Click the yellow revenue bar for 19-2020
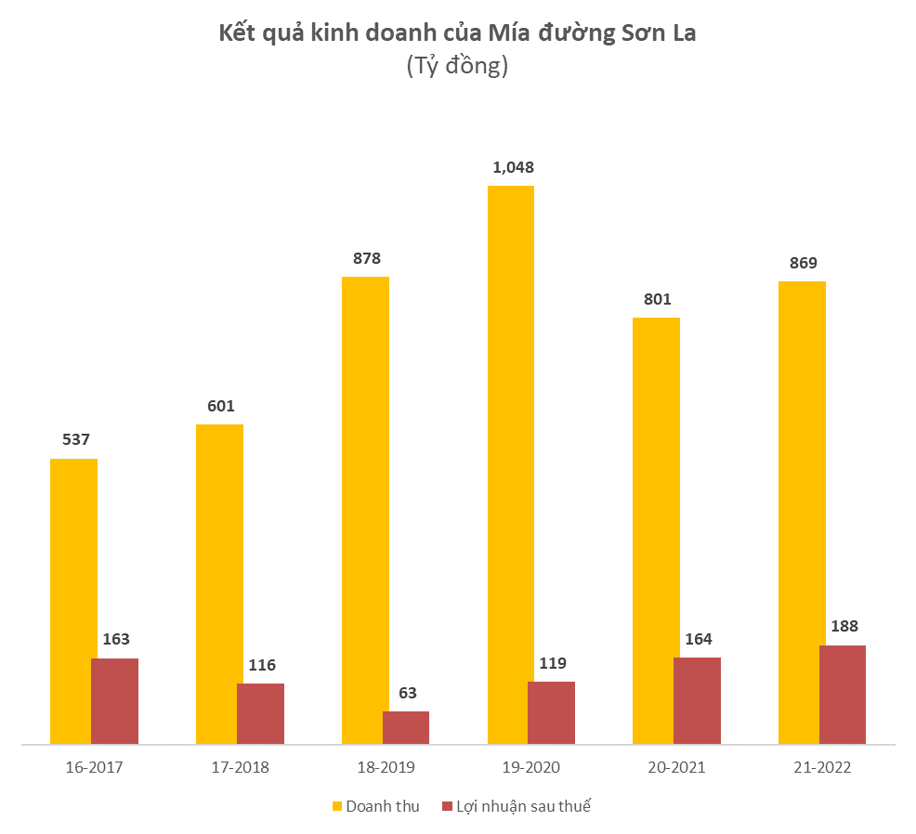(x=511, y=446)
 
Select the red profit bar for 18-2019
(x=406, y=727)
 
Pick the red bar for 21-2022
(x=843, y=694)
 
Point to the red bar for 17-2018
(x=260, y=713)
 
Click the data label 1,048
(x=514, y=167)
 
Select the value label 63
(x=407, y=692)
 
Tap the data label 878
(x=366, y=258)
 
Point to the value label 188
(x=844, y=626)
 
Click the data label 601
(x=221, y=406)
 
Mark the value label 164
(x=698, y=639)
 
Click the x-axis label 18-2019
(x=386, y=768)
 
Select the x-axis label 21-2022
(x=822, y=768)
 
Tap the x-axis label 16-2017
(x=94, y=768)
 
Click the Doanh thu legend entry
(x=375, y=806)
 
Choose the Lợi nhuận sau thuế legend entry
(x=517, y=806)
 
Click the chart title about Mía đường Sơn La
(x=457, y=35)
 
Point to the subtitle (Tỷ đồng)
(x=457, y=67)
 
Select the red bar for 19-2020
(x=551, y=712)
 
